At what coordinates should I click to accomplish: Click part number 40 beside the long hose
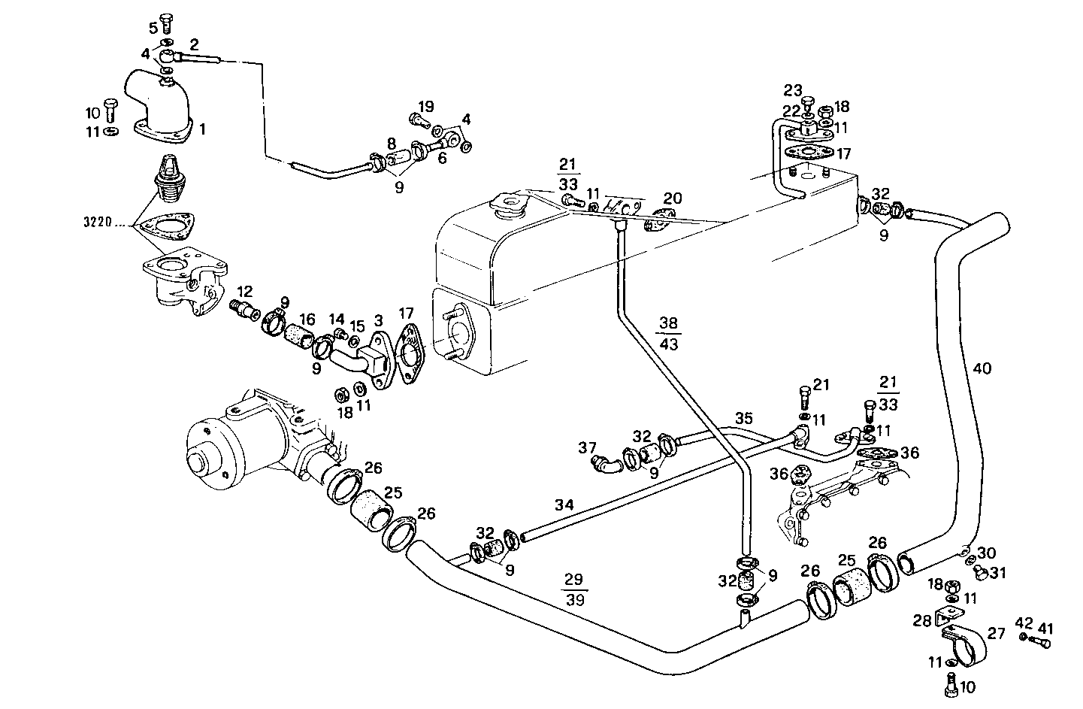(982, 368)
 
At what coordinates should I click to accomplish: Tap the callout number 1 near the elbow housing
(202, 129)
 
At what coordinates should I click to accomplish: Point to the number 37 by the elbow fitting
(587, 449)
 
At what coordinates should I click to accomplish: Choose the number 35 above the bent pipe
(743, 417)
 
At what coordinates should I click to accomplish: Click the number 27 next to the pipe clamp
(996, 634)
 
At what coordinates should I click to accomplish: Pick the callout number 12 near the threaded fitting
(244, 291)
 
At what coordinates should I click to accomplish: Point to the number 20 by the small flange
(673, 198)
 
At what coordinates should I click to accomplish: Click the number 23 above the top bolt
(793, 90)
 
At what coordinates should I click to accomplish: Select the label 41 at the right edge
(1045, 628)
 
